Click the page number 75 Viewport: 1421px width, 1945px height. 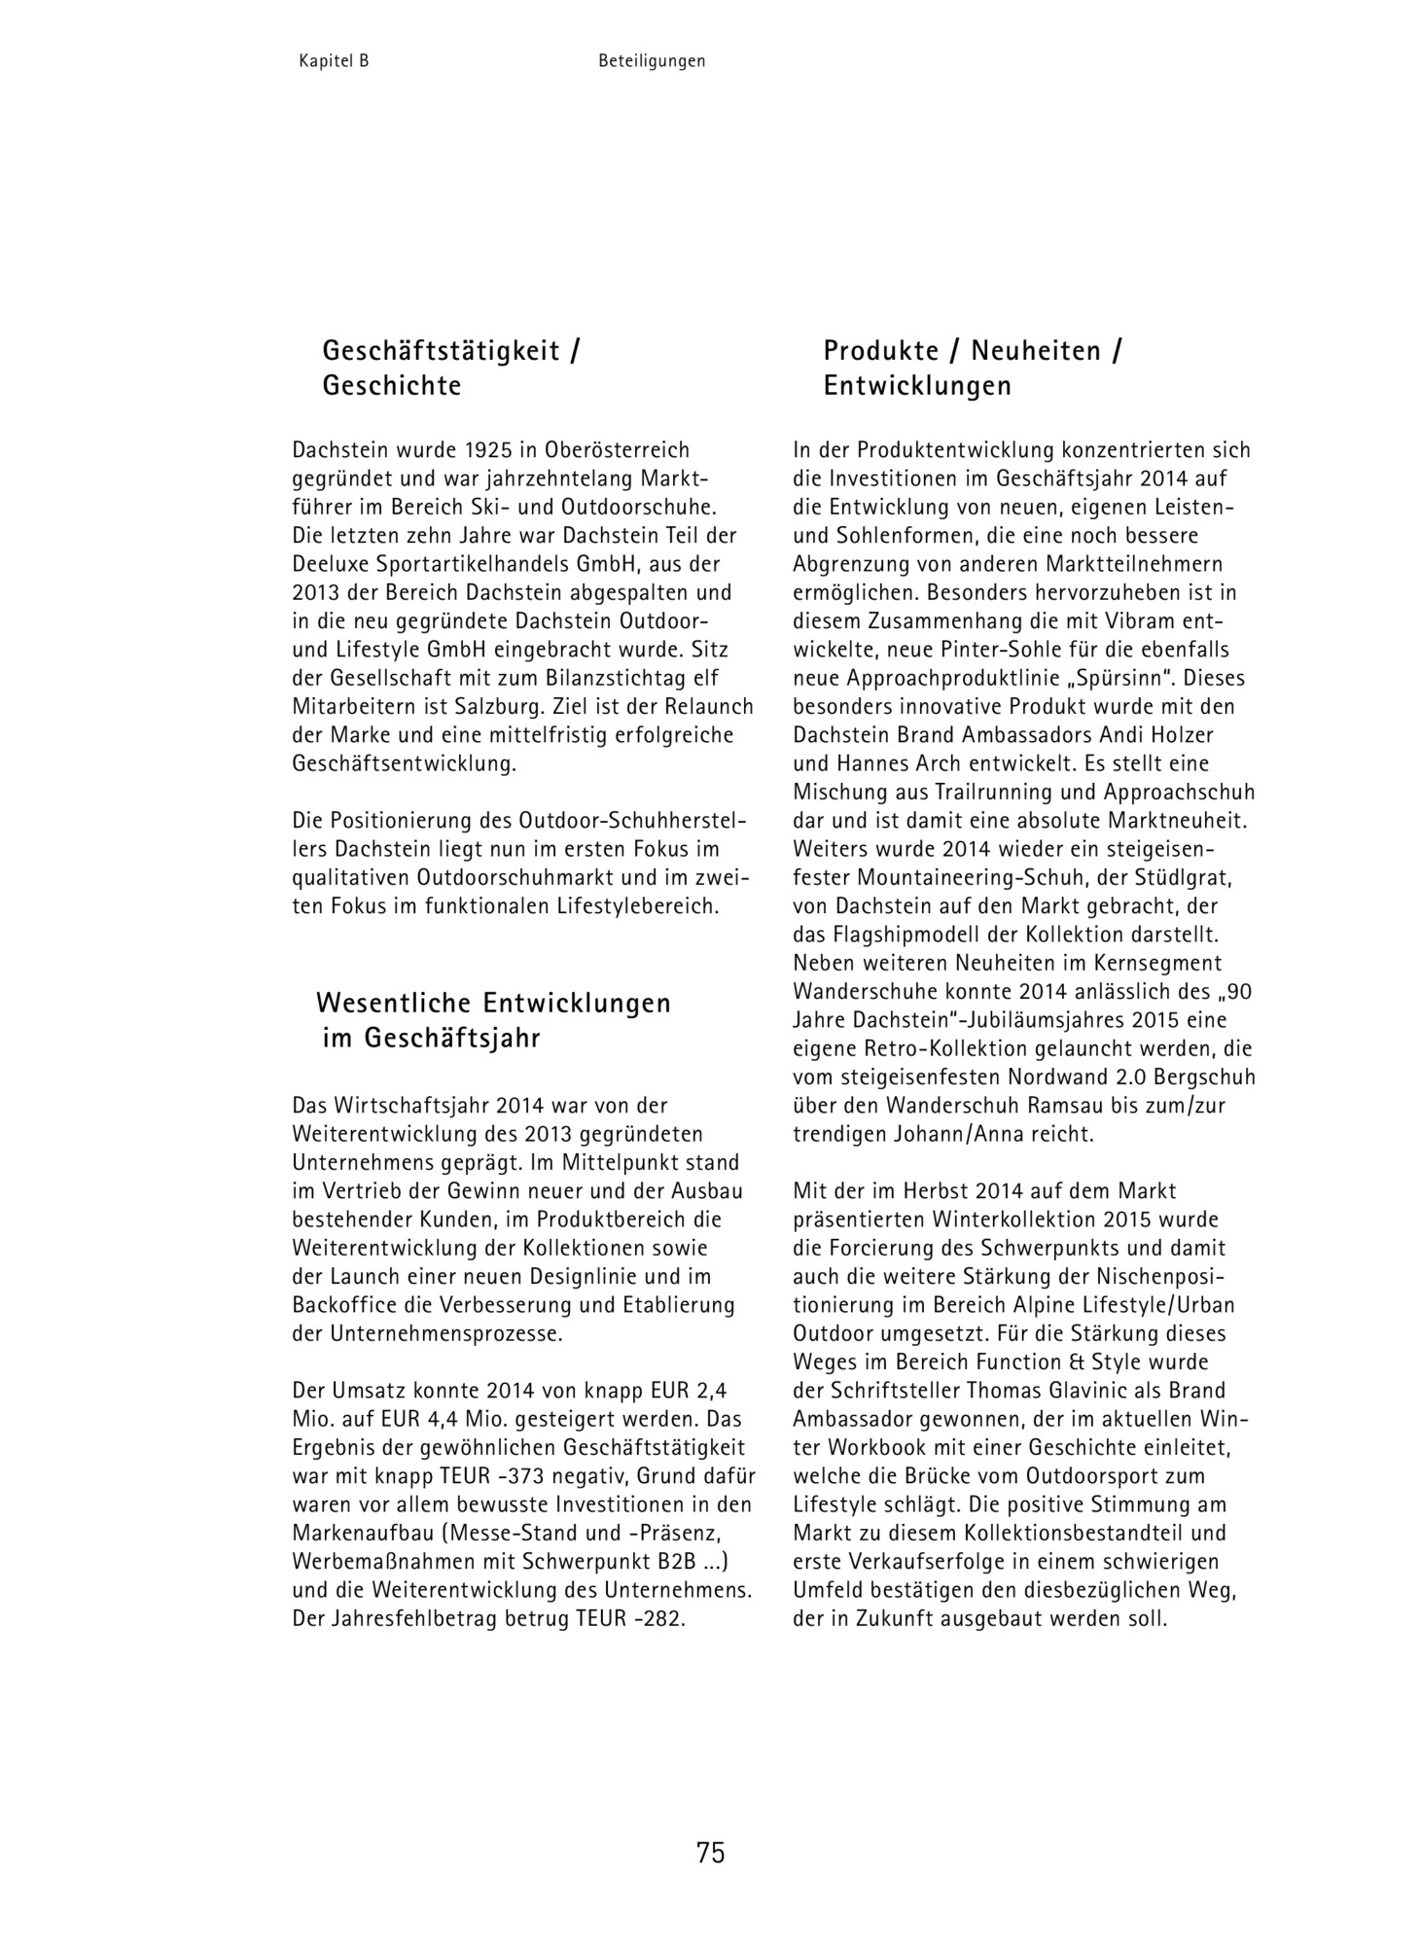click(x=710, y=1853)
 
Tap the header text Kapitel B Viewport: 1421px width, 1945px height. click(x=334, y=60)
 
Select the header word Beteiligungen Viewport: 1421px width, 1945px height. click(x=652, y=60)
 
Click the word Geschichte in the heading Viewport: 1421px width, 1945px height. click(x=392, y=386)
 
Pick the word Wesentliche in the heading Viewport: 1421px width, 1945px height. click(x=394, y=1003)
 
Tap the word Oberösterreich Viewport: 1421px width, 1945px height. click(x=618, y=450)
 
